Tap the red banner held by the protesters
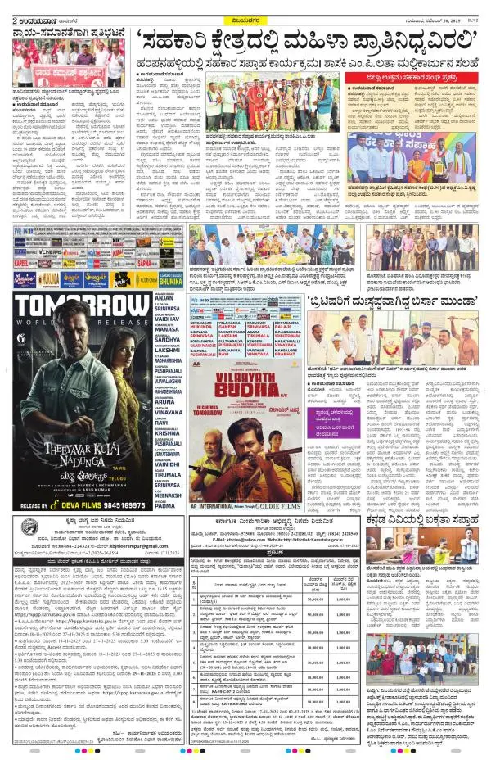(x=57, y=70)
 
